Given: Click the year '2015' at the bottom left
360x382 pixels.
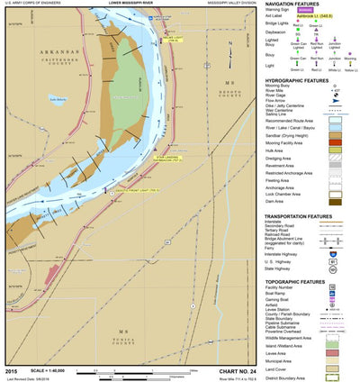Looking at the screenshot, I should tap(11, 370).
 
